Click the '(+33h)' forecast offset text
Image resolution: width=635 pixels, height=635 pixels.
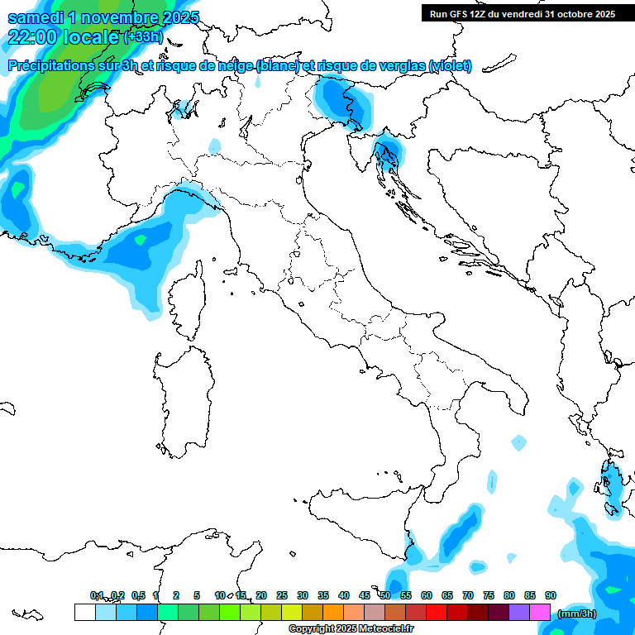click(x=143, y=37)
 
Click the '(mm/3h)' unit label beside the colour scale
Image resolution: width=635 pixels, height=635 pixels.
click(x=576, y=614)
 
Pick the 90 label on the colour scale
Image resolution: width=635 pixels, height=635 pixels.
click(x=551, y=595)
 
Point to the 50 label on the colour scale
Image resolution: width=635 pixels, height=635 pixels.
click(x=385, y=595)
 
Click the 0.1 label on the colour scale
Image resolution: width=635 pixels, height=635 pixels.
click(x=97, y=595)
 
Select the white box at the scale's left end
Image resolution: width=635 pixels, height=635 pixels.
click(x=84, y=613)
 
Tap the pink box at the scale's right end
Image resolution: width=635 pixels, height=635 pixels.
click(x=539, y=613)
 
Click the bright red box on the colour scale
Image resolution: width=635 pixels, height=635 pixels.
click(x=436, y=613)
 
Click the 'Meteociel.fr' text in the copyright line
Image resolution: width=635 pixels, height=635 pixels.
click(x=384, y=628)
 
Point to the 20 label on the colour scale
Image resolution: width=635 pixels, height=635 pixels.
click(x=261, y=595)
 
